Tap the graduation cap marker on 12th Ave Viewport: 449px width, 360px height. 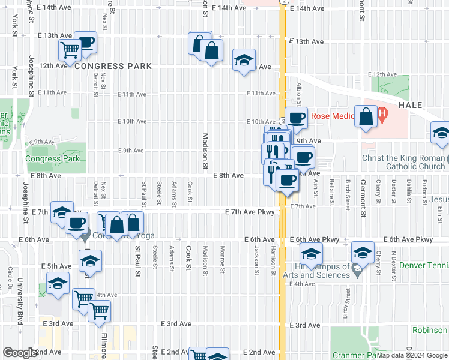pos(244,60)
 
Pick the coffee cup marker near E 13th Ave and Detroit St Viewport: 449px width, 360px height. pos(86,42)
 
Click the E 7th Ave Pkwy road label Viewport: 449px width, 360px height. pos(250,212)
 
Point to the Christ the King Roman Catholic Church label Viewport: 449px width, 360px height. pos(403,163)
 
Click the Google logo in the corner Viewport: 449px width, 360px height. pos(20,353)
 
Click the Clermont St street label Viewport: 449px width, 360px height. pos(363,194)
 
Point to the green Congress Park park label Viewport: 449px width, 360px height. pos(53,159)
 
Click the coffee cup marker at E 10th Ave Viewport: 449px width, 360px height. pos(296,118)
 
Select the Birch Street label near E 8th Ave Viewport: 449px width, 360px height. pos(348,194)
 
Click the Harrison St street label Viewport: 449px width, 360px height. pos(273,259)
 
